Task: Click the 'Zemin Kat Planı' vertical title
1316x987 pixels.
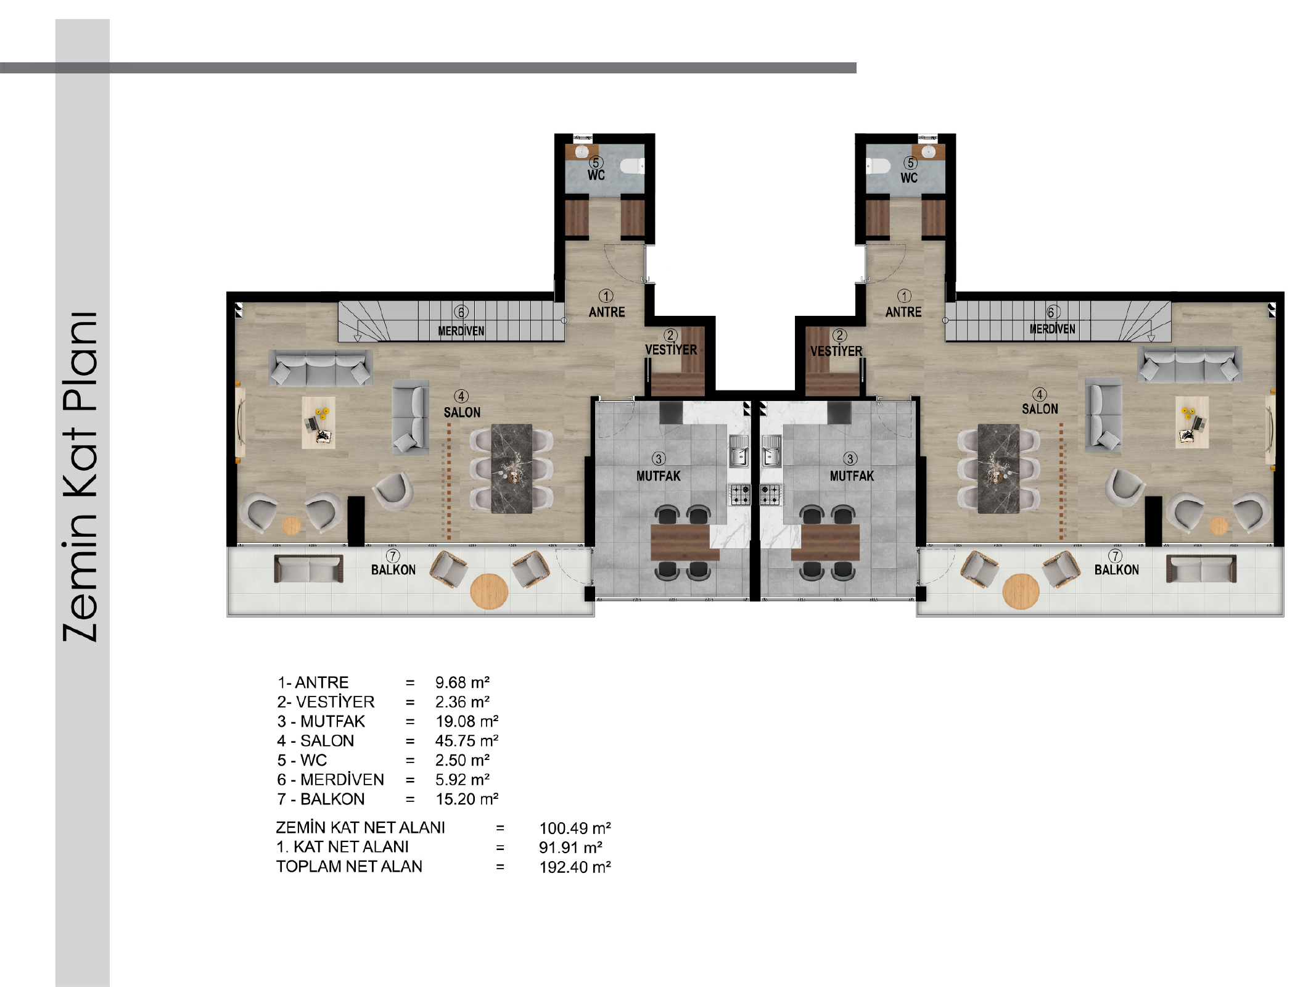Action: click(80, 476)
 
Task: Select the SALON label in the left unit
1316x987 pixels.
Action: click(462, 412)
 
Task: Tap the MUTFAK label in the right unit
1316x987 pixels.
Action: click(852, 476)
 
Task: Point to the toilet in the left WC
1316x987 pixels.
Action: click(632, 166)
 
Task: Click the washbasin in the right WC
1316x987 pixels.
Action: click(928, 152)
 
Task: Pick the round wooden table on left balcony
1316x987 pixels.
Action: click(489, 591)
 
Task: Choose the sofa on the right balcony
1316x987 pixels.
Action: click(1201, 569)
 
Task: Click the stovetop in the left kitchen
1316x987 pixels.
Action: click(741, 494)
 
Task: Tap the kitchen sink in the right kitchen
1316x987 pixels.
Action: click(771, 451)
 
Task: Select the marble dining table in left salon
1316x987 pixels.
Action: click(511, 469)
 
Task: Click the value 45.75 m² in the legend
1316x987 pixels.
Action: click(467, 740)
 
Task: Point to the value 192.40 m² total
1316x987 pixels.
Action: click(575, 867)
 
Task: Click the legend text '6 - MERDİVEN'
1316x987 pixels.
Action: click(331, 780)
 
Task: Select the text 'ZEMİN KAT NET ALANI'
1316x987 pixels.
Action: click(360, 827)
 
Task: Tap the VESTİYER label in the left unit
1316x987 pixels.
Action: click(671, 350)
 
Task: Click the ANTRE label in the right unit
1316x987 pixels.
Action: click(903, 312)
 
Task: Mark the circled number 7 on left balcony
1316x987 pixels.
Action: click(393, 556)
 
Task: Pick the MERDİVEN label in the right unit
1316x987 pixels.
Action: click(1052, 329)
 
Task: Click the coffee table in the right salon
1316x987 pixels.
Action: click(1191, 422)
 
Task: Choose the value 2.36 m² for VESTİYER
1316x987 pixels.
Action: click(463, 702)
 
